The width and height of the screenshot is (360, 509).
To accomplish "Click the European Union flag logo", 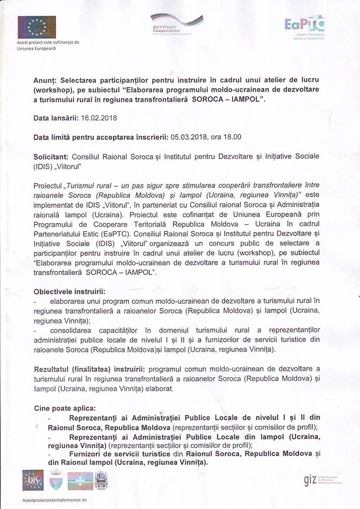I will (37, 27).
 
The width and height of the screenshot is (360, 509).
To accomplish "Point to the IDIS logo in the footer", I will (33, 480).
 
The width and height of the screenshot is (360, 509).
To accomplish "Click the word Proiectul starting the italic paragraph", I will (49, 184).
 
